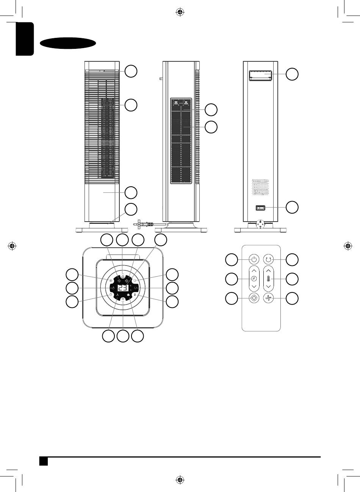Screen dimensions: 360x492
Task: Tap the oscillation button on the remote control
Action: (268, 259)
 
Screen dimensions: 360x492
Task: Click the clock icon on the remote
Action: (254, 279)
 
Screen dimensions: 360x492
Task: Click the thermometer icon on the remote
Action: (268, 279)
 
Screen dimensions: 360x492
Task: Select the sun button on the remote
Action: (254, 298)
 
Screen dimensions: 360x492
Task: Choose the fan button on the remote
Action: (268, 298)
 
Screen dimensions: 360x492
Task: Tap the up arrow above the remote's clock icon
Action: (254, 271)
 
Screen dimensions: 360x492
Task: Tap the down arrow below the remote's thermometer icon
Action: (268, 287)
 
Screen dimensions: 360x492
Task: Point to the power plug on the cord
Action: (144, 224)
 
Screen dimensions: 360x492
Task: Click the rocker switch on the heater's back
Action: (260, 208)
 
